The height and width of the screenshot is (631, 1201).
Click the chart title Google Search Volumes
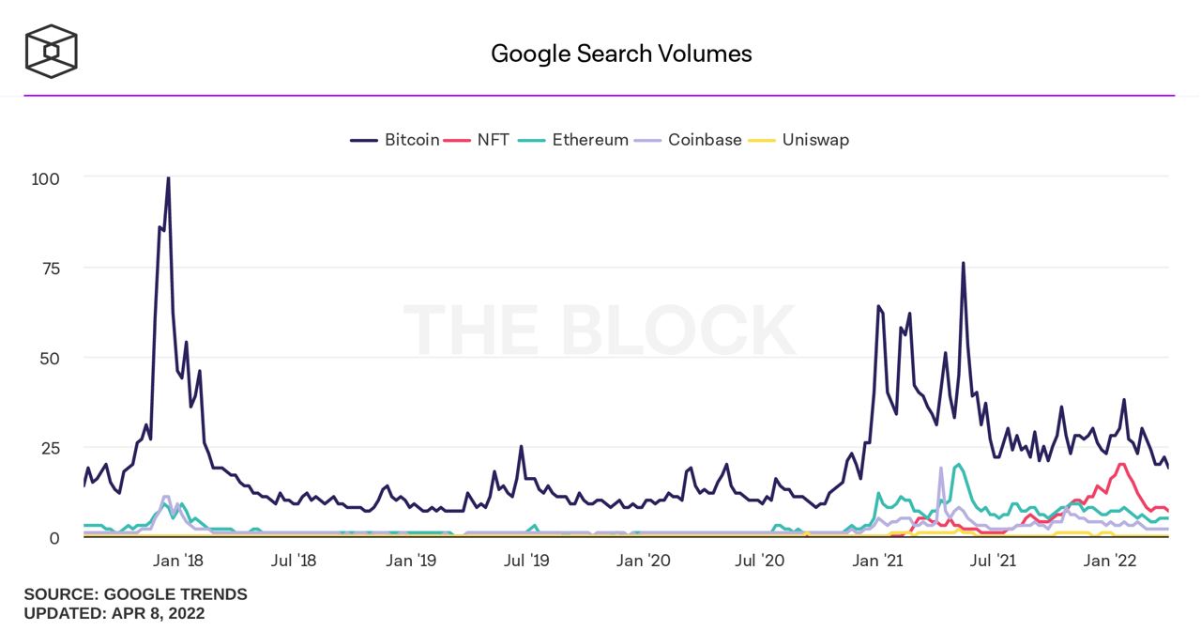point(621,54)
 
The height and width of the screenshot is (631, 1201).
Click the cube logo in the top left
point(51,51)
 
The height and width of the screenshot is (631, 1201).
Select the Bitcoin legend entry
point(395,140)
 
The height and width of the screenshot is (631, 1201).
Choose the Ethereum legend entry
point(576,140)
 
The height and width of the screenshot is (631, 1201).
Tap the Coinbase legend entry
point(690,140)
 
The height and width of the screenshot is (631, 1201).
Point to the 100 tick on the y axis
point(46,178)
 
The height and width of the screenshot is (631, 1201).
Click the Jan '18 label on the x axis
point(178,562)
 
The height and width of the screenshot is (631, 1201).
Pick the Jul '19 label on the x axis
point(527,562)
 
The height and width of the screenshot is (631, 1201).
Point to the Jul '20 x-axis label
point(760,562)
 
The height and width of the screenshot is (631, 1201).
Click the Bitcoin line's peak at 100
point(168,177)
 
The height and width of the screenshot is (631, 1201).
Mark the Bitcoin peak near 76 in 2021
point(963,264)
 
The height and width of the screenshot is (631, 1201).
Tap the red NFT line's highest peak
point(1121,464)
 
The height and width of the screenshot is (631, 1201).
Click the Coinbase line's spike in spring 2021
point(940,468)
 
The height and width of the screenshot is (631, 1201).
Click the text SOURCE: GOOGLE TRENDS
point(136,594)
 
